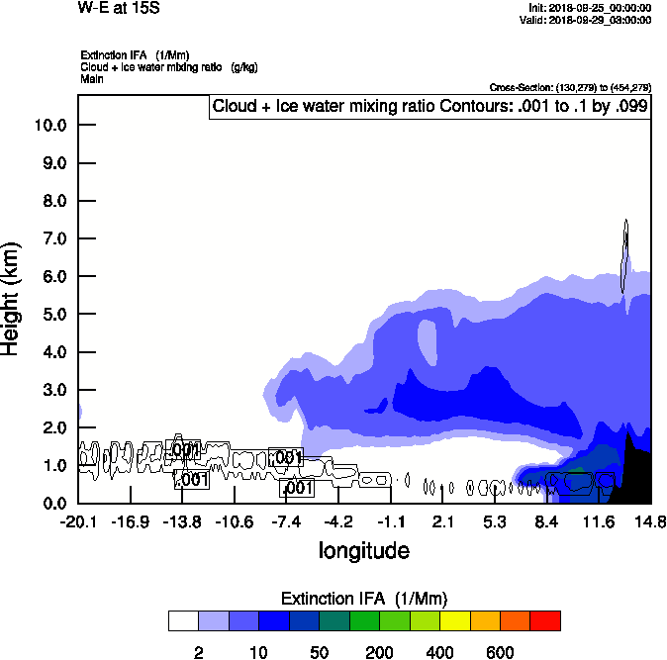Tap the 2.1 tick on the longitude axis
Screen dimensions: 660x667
click(x=442, y=521)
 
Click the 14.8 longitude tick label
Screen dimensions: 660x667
click(x=650, y=521)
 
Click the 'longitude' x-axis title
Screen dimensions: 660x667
click(x=363, y=549)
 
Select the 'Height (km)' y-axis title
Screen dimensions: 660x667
click(x=13, y=299)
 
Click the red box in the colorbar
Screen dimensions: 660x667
click(x=545, y=621)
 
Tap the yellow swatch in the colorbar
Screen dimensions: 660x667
click(x=454, y=621)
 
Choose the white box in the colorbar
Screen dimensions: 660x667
click(x=183, y=621)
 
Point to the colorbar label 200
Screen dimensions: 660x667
click(x=379, y=652)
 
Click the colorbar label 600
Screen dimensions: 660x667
click(x=500, y=652)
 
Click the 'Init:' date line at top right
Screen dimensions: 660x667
click(x=590, y=8)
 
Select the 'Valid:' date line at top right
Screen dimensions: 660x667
click(x=588, y=20)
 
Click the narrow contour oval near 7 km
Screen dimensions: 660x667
click(x=625, y=255)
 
